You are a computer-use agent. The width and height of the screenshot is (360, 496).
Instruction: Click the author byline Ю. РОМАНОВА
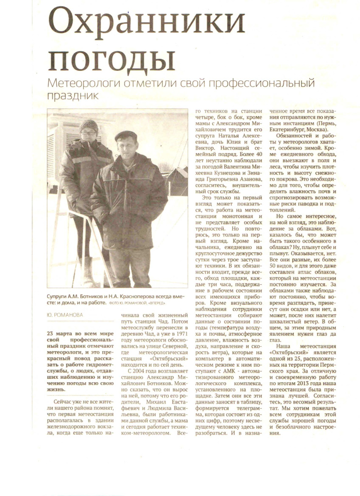pyautogui.click(x=65, y=314)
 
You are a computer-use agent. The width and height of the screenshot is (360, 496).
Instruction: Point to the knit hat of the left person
pyautogui.click(x=89, y=126)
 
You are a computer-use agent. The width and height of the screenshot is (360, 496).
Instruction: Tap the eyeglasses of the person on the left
pyautogui.click(x=88, y=133)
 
